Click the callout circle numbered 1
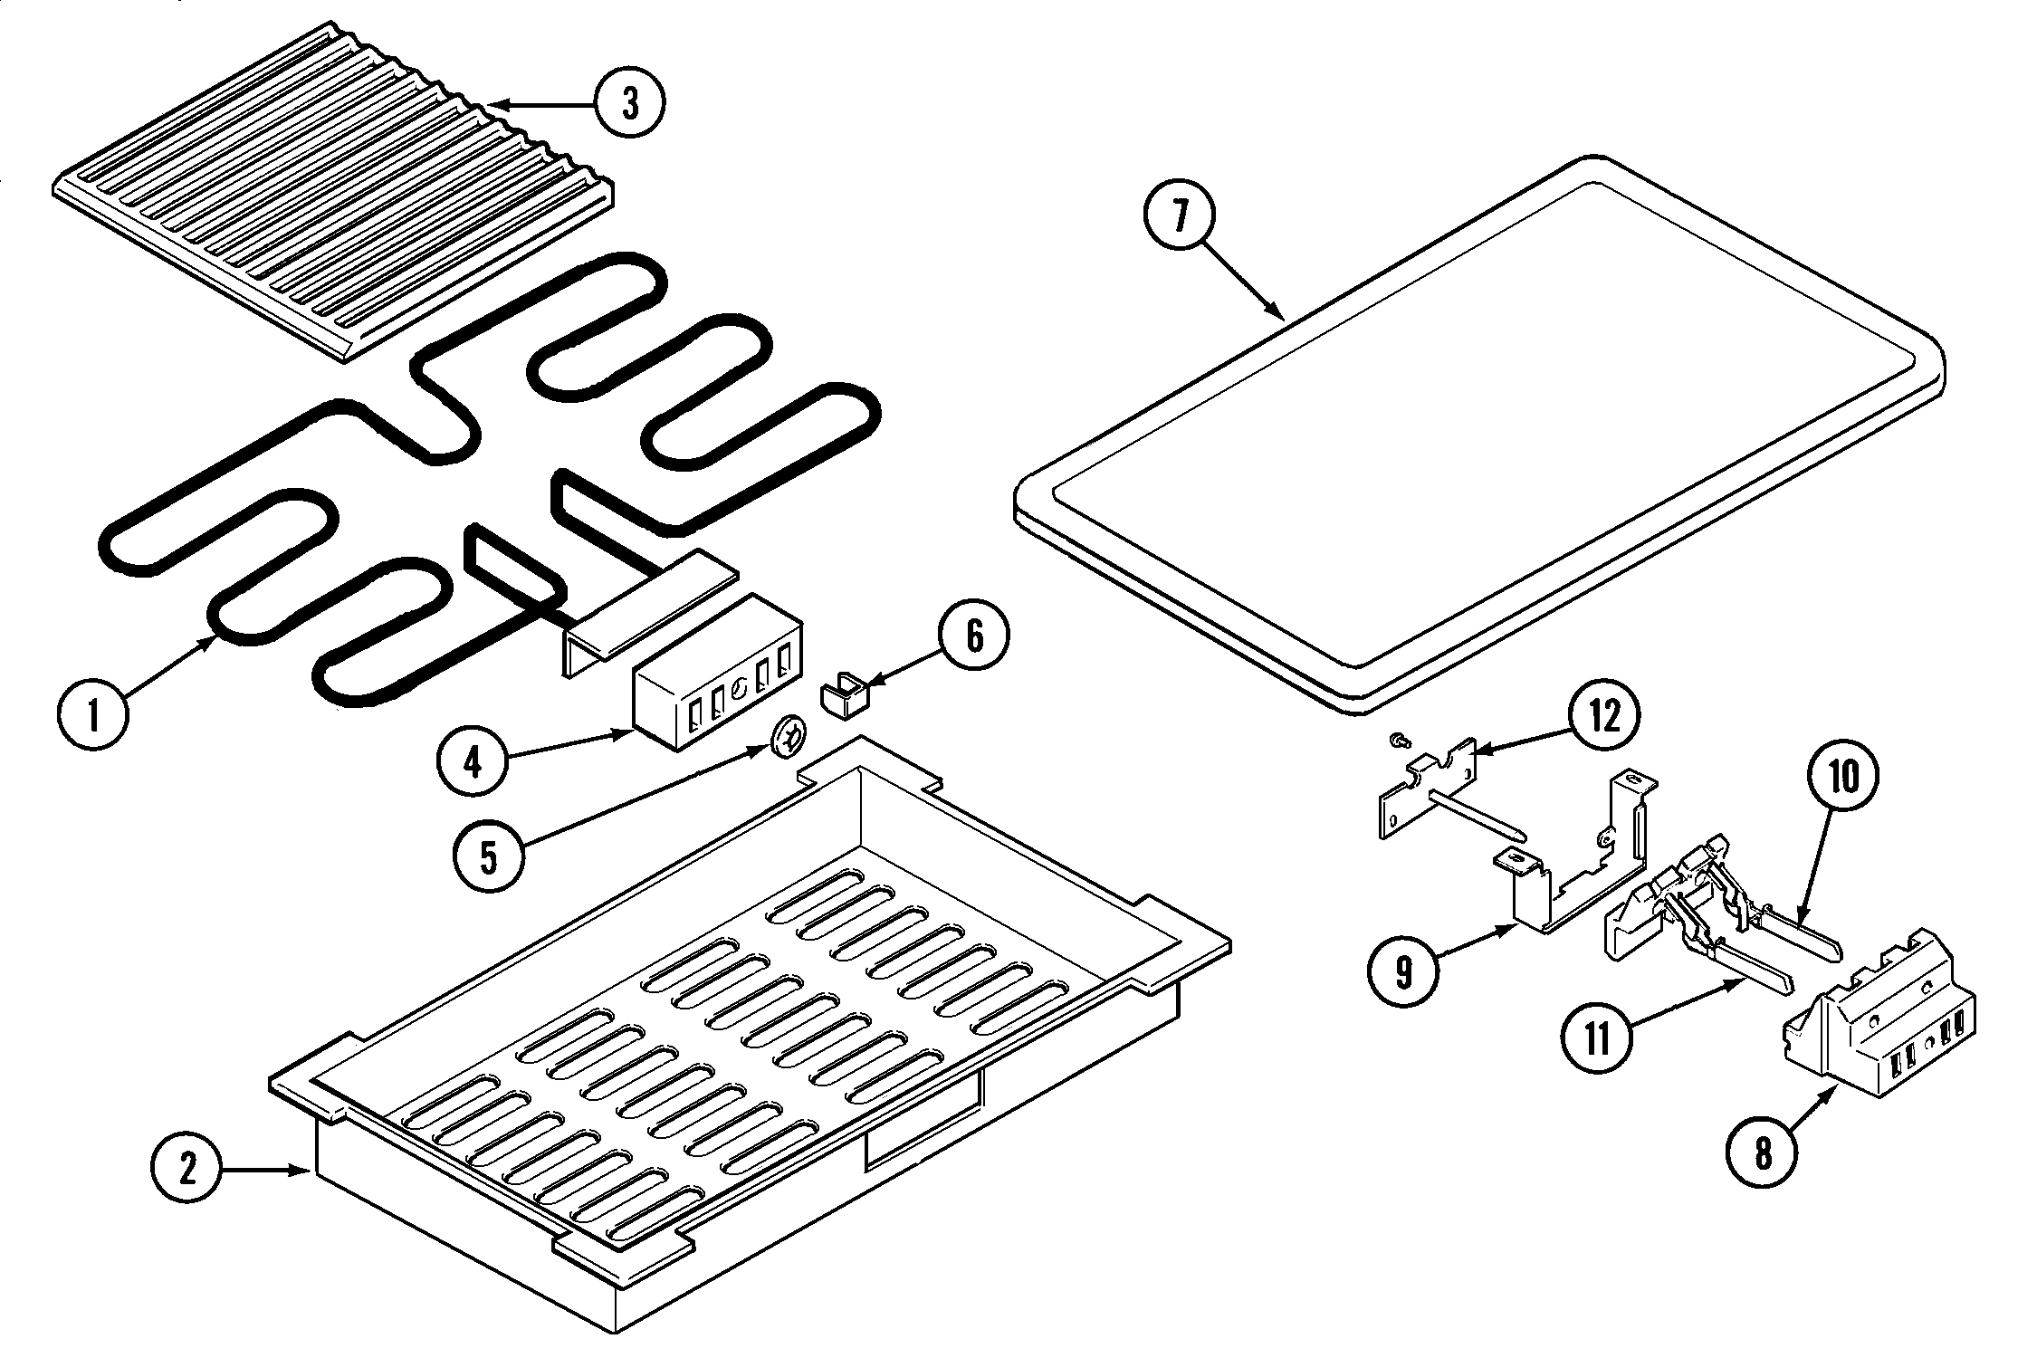[x=92, y=714]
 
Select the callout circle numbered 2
[x=186, y=1171]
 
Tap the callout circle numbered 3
[x=630, y=103]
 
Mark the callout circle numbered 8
[x=1762, y=1155]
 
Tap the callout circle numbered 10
[x=1842, y=777]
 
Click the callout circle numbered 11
[x=1597, y=1038]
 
